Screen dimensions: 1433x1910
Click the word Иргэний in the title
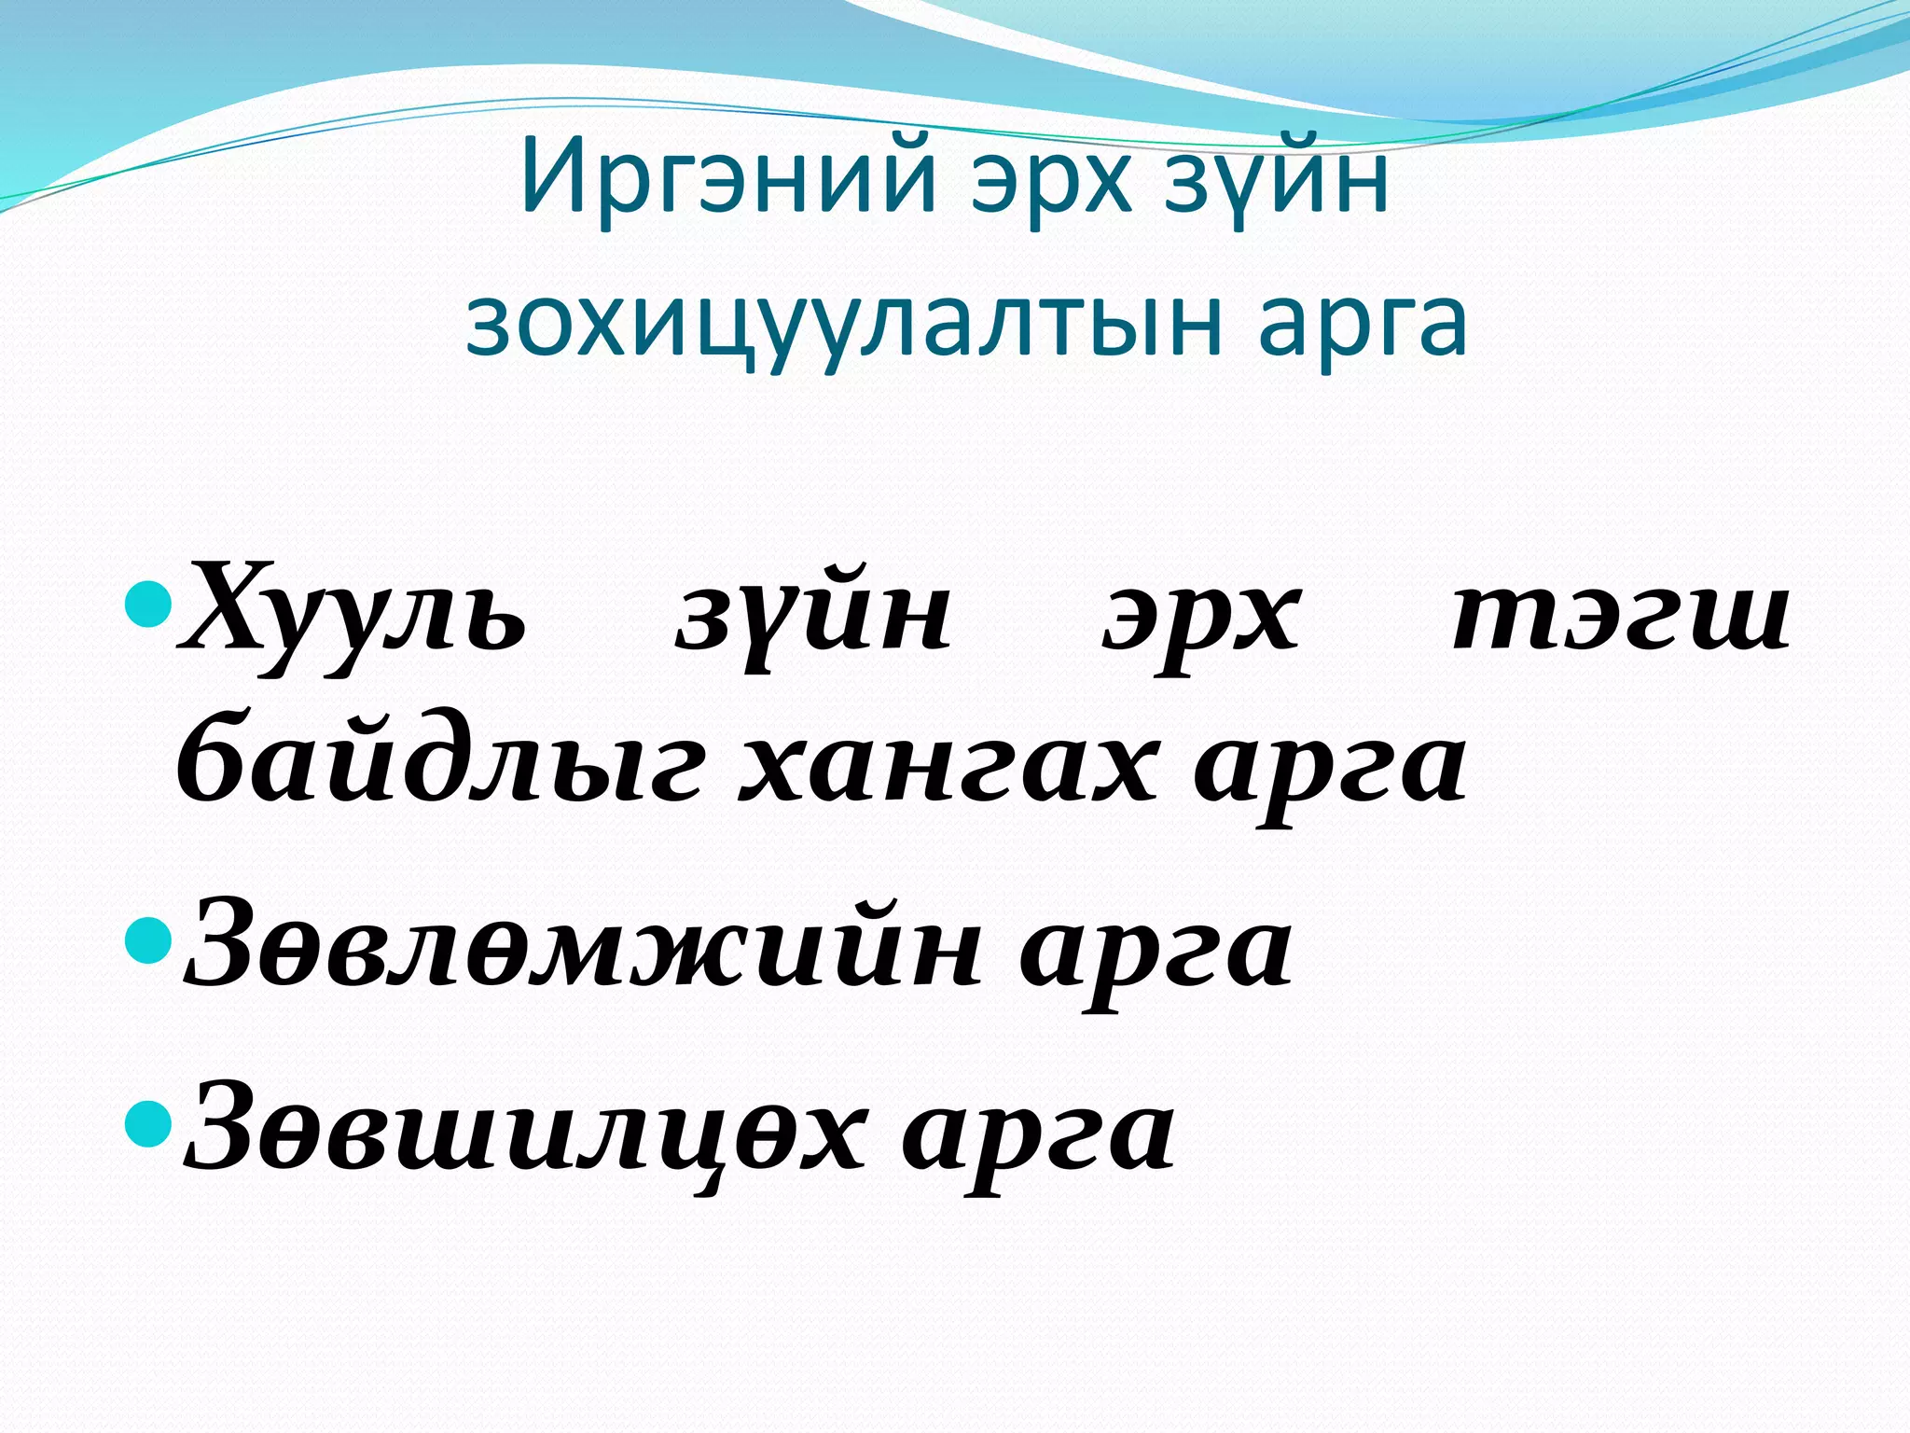(x=728, y=176)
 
